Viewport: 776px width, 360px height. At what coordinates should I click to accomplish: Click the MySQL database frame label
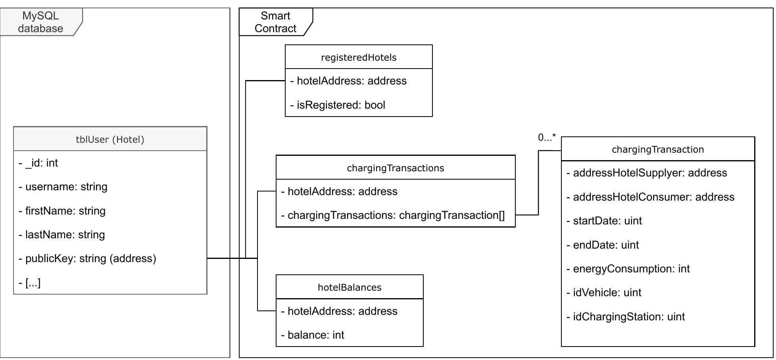(40, 22)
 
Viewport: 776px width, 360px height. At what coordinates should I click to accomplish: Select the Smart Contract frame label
(275, 22)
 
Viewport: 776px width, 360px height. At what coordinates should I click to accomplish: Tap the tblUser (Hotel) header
(110, 140)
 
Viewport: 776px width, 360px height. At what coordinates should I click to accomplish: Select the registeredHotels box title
(359, 57)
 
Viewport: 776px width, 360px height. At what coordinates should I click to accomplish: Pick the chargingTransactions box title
(396, 168)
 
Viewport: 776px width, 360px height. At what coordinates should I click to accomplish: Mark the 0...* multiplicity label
(547, 138)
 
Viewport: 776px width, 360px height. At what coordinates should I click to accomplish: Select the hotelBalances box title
(350, 287)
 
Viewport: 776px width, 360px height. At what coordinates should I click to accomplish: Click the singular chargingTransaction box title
(658, 149)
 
